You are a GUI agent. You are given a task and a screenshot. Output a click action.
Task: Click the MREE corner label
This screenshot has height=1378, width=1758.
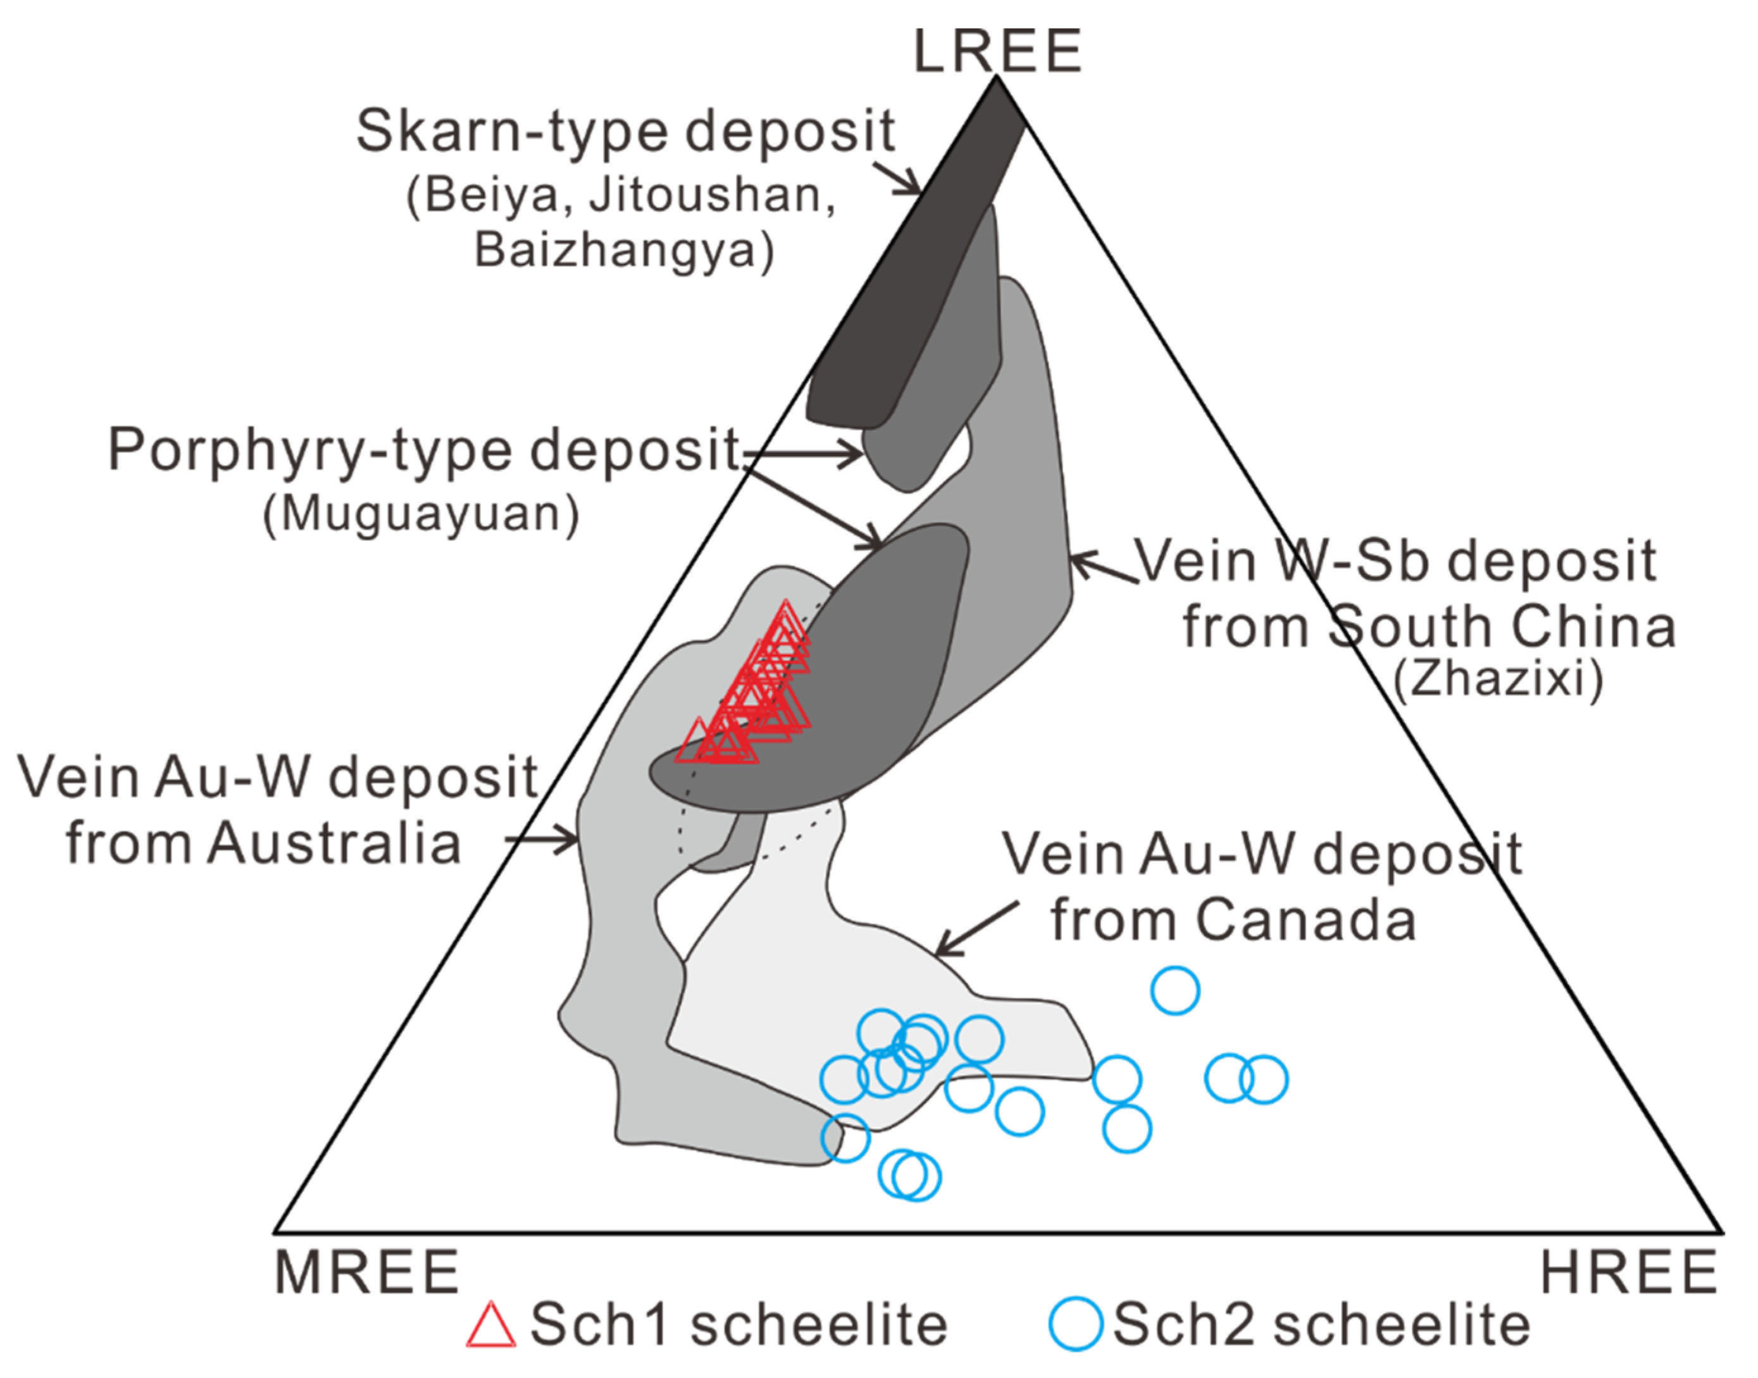pos(367,1272)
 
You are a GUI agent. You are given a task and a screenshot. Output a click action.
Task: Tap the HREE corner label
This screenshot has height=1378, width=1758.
pos(1629,1272)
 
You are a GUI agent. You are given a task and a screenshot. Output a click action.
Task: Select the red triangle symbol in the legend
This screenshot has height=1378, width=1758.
pos(490,1325)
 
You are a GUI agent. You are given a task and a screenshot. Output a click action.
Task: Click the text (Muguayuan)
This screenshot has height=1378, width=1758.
pos(421,514)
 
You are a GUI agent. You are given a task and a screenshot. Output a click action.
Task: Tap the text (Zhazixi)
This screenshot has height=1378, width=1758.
pos(1498,678)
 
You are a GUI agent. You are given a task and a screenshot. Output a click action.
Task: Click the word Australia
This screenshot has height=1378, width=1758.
pos(334,844)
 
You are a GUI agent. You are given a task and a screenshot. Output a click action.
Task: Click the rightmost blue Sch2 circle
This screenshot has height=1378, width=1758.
pos(1263,1079)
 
